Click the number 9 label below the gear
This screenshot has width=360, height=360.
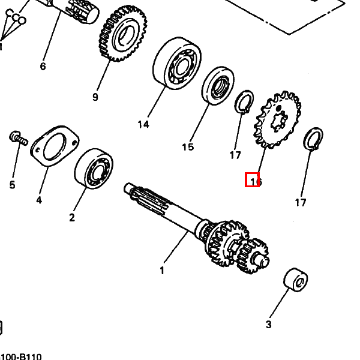95,97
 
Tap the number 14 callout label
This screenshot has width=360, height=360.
143,125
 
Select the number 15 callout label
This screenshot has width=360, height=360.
188,147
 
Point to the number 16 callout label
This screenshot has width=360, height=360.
256,181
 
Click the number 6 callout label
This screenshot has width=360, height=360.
43,66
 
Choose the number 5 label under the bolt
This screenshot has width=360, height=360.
12,185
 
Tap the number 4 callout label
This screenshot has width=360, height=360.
39,200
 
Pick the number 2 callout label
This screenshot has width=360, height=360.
72,218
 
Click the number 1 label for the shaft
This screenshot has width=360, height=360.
161,271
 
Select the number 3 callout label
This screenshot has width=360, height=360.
268,325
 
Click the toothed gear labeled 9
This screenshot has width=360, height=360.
123,35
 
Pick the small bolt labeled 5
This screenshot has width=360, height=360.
18,139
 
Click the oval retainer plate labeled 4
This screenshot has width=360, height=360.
55,146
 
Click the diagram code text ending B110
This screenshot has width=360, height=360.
20,356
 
